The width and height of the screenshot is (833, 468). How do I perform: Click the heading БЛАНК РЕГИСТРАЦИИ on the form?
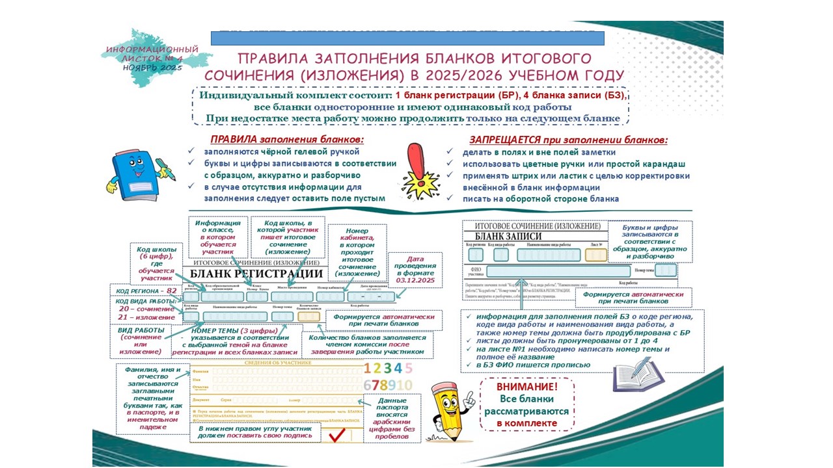click(x=253, y=274)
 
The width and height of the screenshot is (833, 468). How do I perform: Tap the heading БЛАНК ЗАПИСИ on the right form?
click(x=508, y=235)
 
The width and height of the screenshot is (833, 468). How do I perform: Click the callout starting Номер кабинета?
click(x=357, y=252)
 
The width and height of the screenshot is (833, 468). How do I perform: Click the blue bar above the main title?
click(x=407, y=38)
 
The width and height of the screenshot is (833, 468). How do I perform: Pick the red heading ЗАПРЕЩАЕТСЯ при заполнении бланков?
click(x=568, y=140)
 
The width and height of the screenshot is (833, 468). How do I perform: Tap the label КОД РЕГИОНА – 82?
click(x=146, y=291)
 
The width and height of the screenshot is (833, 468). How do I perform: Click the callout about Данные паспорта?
click(x=392, y=419)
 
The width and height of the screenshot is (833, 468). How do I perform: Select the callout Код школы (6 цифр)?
click(x=156, y=263)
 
